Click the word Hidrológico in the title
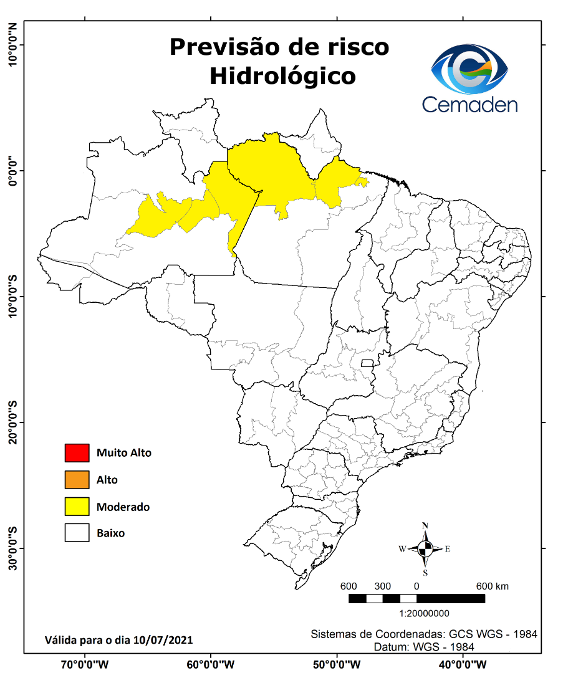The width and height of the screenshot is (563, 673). [282, 76]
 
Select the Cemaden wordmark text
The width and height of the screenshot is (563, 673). [469, 103]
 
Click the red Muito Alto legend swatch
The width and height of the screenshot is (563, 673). [77, 453]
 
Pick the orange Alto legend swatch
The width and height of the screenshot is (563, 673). [77, 480]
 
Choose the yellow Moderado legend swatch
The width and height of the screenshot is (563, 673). [77, 507]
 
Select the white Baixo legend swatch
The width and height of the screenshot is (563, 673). [77, 533]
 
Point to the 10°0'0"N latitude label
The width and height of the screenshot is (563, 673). [12, 44]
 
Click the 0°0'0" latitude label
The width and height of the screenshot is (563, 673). [12, 171]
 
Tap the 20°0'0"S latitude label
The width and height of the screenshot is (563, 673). [12, 422]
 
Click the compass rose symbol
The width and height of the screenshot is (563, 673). [425, 549]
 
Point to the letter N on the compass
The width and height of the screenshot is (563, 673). [425, 525]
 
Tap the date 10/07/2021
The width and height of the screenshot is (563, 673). [168, 640]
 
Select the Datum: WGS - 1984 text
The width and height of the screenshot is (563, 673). [424, 647]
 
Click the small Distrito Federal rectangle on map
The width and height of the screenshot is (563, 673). [367, 363]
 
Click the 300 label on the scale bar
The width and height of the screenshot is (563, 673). [382, 586]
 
